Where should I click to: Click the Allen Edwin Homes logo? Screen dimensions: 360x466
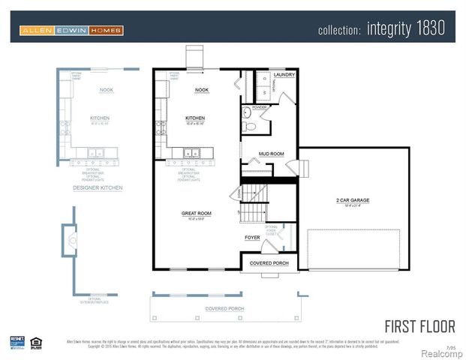pos(71,31)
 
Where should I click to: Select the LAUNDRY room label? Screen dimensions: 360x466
pos(284,75)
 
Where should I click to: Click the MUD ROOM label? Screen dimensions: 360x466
pos(271,154)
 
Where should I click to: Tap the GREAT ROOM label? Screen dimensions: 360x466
pos(196,213)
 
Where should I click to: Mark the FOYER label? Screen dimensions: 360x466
pos(253,238)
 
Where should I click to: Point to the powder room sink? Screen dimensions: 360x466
pos(247,112)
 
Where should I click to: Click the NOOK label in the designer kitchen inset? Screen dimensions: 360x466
pos(106,90)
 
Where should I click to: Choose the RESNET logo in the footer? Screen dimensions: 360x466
pos(17,341)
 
